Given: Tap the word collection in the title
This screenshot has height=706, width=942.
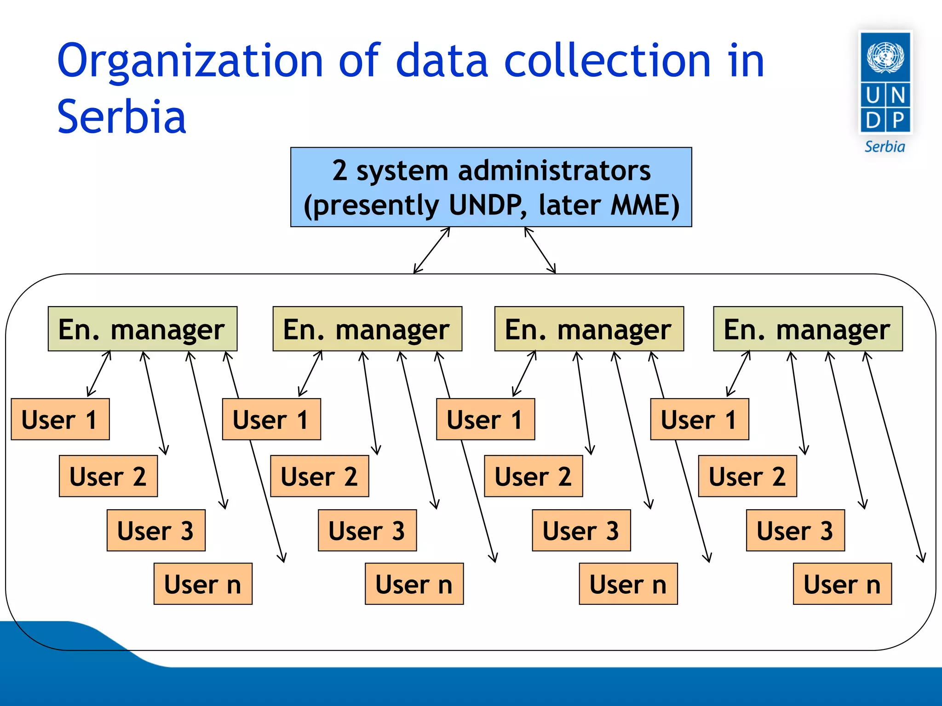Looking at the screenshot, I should [608, 61].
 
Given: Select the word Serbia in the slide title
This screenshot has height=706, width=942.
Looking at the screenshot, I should [121, 117].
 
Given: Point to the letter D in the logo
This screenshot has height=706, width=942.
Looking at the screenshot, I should [873, 120].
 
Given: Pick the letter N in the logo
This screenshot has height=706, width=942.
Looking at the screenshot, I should [898, 96].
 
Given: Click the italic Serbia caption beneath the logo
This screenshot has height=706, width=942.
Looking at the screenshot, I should [885, 147].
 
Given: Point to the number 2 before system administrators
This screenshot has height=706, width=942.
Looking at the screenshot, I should [339, 171].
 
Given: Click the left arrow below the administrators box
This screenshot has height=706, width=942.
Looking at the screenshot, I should [431, 250].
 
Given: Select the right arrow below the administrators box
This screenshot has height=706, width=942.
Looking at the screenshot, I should [540, 250].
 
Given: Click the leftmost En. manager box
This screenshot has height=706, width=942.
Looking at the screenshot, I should [142, 329].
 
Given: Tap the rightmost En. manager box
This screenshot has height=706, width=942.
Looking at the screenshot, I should [808, 329].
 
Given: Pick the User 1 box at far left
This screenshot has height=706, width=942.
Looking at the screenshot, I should [60, 419].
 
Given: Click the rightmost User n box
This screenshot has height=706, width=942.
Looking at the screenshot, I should [842, 584].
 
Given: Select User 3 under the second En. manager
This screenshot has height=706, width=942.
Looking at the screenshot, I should [367, 530].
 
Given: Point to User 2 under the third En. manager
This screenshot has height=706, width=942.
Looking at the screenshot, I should [534, 476].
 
